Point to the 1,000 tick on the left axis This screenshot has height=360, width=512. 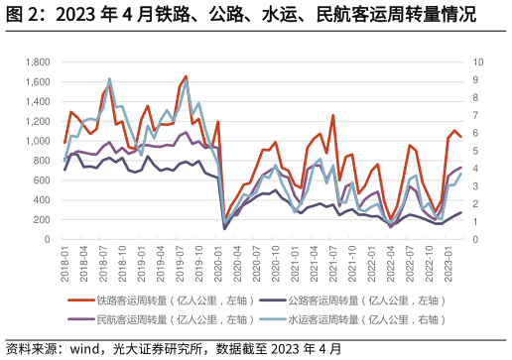coord(37,141)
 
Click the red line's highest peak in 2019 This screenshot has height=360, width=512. coord(186,75)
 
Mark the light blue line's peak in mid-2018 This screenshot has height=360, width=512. coord(109,79)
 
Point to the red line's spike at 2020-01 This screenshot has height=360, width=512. coord(217,121)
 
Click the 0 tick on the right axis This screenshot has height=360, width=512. coord(476,240)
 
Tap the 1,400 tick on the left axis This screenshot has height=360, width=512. coord(37,101)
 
